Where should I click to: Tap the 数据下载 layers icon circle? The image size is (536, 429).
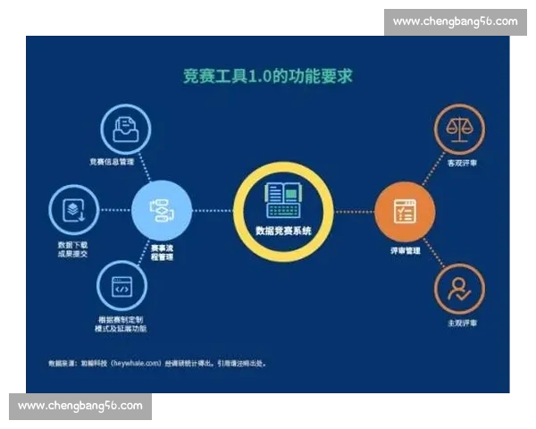[x=73, y=210]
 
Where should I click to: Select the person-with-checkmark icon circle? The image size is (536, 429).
[x=459, y=291]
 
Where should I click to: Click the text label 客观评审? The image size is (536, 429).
[x=462, y=164]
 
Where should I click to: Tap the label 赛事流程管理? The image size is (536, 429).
[x=162, y=252]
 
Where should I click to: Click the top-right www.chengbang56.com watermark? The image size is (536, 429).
[x=455, y=21]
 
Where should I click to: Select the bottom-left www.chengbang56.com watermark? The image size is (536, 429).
[x=80, y=406]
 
